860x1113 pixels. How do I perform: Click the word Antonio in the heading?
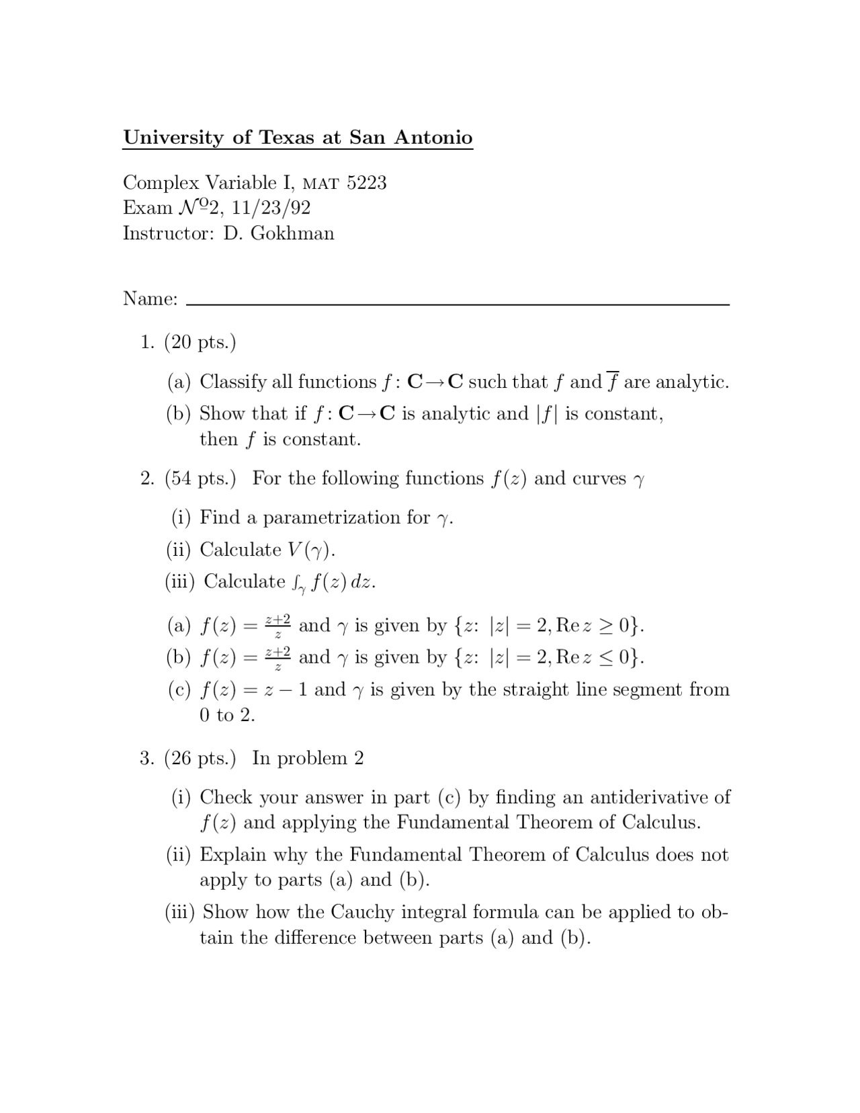[x=433, y=138]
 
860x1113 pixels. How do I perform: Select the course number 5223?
[x=366, y=183]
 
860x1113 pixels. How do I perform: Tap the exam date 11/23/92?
[x=271, y=208]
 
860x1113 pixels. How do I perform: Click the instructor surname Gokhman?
[x=292, y=234]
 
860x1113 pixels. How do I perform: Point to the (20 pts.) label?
[x=200, y=342]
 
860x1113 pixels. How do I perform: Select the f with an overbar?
[x=612, y=381]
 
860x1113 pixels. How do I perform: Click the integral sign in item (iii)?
[x=296, y=583]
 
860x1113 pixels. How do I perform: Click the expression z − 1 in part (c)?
[x=283, y=690]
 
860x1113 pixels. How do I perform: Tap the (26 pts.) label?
[x=200, y=758]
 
